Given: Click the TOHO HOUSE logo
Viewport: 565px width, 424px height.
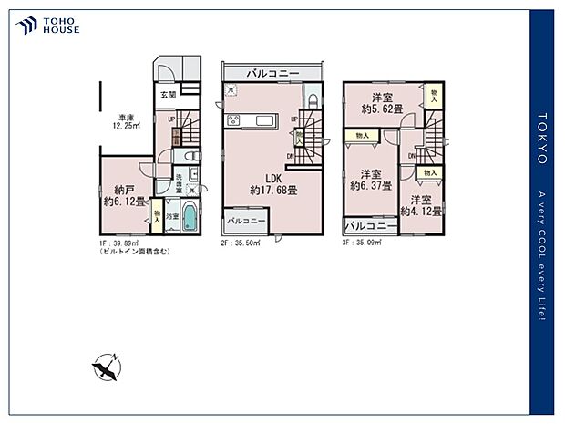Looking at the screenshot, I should click(x=48, y=25).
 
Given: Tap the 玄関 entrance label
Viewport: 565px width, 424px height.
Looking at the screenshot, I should click(x=168, y=95).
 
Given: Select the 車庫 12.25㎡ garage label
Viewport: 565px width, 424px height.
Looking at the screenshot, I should click(x=127, y=121).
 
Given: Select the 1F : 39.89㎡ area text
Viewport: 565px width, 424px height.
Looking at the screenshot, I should click(x=120, y=243).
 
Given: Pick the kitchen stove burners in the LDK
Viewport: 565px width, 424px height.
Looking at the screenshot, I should click(x=231, y=120).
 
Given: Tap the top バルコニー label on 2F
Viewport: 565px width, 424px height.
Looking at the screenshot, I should click(x=272, y=72).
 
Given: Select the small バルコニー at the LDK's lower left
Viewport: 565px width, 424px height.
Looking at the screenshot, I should click(x=246, y=221).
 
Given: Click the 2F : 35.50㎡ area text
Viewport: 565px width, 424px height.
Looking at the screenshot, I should click(x=241, y=243).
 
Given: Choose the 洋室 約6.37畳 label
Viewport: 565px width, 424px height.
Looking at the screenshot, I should click(x=371, y=180).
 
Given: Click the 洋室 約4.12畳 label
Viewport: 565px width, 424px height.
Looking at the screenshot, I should click(x=425, y=205).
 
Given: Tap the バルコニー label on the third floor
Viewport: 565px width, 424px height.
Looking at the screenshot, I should click(x=371, y=225).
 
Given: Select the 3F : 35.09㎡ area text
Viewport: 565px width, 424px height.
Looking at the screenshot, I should click(x=363, y=243).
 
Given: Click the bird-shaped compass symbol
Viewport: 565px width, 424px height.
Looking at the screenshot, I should click(x=106, y=368).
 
